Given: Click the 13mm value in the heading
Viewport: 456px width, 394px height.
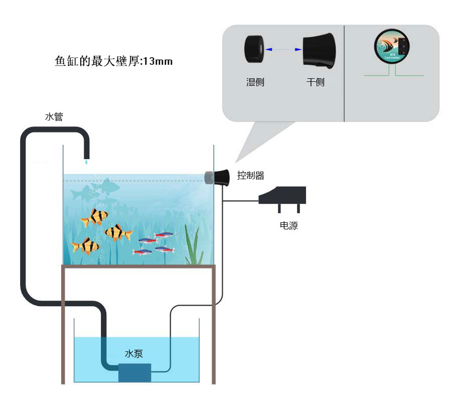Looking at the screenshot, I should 158,61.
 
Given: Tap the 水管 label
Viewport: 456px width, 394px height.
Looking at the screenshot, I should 54,117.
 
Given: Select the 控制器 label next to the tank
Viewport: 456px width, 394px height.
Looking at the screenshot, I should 250,176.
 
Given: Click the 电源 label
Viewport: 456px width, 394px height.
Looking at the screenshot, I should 288,226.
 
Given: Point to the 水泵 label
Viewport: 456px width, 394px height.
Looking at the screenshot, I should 134,353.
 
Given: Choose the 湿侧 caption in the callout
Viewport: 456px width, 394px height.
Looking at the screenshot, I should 255,82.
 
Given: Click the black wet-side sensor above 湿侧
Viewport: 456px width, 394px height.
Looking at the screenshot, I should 255,49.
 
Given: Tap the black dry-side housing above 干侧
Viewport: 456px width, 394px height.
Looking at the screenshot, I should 318,50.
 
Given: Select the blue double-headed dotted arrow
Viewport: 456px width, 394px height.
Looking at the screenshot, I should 283,49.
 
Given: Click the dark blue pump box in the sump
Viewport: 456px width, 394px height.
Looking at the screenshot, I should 134,372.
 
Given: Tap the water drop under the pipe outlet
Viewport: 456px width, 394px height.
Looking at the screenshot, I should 86,162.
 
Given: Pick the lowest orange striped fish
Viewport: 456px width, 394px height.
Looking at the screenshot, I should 85,246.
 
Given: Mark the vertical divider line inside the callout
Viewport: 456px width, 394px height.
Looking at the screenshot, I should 344,73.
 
